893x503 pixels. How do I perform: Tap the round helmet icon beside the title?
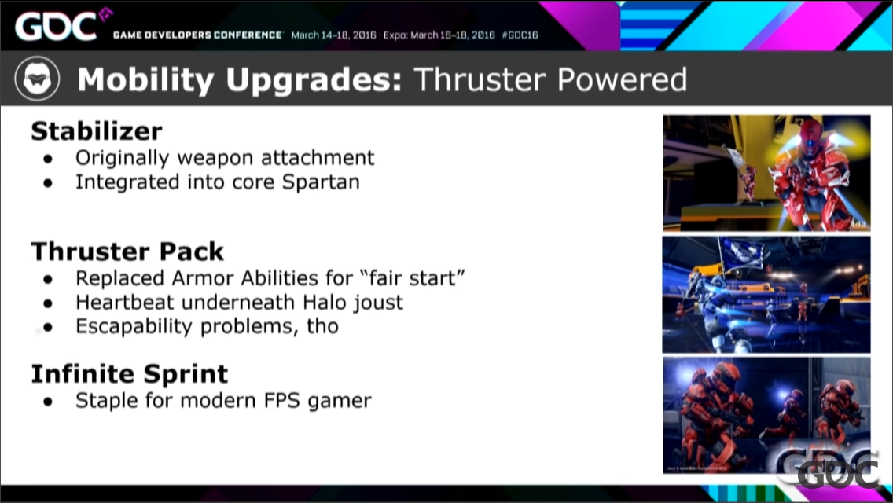37,79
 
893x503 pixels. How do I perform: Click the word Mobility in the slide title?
145,79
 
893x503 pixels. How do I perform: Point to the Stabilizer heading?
96,131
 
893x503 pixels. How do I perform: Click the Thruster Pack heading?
127,251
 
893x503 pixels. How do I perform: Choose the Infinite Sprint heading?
129,373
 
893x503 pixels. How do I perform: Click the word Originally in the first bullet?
123,158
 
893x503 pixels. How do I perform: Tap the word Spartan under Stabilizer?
321,182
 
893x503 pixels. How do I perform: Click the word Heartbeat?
125,302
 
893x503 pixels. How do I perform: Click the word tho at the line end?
323,326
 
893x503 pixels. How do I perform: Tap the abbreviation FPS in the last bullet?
282,401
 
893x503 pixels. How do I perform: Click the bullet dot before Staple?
48,402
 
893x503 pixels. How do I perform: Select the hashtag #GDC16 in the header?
520,35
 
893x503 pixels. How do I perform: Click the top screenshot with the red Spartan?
766,173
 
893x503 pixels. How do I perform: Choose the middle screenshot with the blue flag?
766,295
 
